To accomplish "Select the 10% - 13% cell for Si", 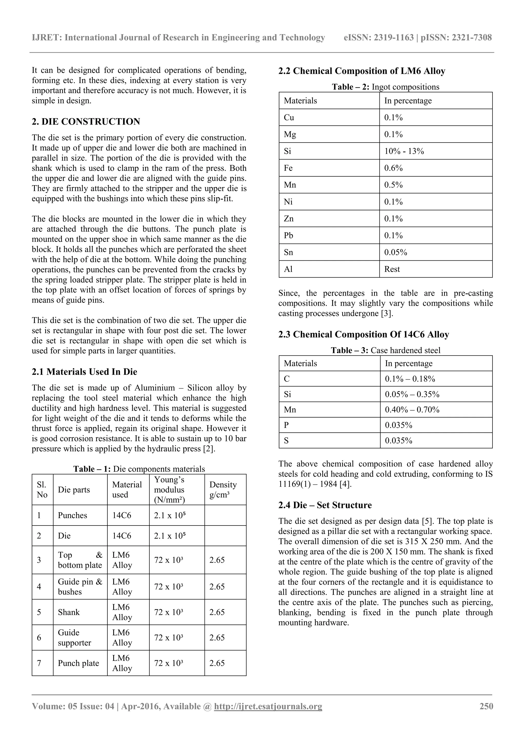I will [404, 151].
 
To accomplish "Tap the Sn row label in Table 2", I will [289, 252].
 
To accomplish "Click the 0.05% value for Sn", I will [395, 252].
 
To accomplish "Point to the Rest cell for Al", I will [392, 269].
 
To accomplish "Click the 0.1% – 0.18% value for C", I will [410, 379].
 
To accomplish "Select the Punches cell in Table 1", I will [73, 515].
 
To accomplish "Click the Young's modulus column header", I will [169, 490].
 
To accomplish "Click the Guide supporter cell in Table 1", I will [74, 638].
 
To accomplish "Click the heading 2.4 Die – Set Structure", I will [325, 505].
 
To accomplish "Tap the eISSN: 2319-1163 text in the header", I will [378, 37].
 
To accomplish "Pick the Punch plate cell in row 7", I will [78, 663].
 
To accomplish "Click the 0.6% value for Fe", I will [393, 168].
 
